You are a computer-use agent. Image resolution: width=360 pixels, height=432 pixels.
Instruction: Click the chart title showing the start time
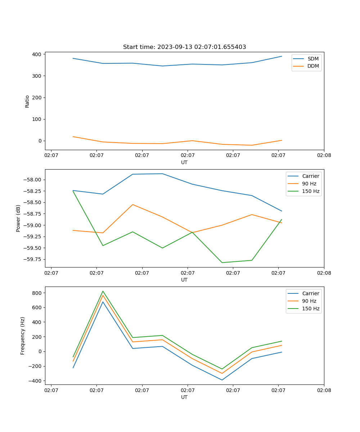184,47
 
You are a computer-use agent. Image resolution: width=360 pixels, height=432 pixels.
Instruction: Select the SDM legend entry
313,59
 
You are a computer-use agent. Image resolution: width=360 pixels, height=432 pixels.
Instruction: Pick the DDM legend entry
313,66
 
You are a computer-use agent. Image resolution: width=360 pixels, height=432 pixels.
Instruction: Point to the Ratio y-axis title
27,101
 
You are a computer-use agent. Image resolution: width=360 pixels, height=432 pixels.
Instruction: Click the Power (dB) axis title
18,218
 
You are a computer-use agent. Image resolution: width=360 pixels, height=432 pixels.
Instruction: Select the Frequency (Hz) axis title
23,336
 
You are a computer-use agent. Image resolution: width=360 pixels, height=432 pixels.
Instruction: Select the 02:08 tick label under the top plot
324,156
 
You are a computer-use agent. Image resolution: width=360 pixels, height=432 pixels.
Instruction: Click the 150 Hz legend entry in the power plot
311,191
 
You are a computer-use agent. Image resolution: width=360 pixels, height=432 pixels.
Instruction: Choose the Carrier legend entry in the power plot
311,176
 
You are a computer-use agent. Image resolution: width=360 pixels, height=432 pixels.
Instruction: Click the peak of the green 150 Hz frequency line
103,291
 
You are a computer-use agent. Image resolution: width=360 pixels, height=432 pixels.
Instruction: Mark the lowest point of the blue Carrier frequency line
222,380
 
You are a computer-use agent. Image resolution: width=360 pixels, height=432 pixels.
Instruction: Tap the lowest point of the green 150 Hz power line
222,262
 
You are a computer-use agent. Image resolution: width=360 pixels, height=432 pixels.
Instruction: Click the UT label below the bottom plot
184,397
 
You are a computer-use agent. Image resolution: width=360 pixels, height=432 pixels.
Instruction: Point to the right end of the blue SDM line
282,56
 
